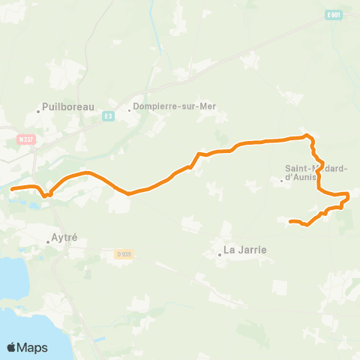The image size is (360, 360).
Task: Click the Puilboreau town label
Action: tap(70, 107)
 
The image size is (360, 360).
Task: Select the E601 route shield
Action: tap(334, 14)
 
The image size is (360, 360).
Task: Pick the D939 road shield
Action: tap(124, 254)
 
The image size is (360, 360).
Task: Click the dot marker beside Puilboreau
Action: tap(38, 112)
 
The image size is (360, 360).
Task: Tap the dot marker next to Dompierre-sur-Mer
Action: tap(129, 110)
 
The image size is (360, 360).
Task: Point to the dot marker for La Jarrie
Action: tap(220, 254)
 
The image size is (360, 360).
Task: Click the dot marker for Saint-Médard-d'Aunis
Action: tap(282, 180)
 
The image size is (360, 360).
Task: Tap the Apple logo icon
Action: tap(12, 347)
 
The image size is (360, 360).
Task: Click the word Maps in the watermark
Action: tap(33, 347)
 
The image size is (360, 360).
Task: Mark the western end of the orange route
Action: tap(12, 188)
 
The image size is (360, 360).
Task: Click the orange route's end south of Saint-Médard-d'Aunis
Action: tap(289, 220)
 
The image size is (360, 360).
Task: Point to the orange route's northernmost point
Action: tap(306, 136)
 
